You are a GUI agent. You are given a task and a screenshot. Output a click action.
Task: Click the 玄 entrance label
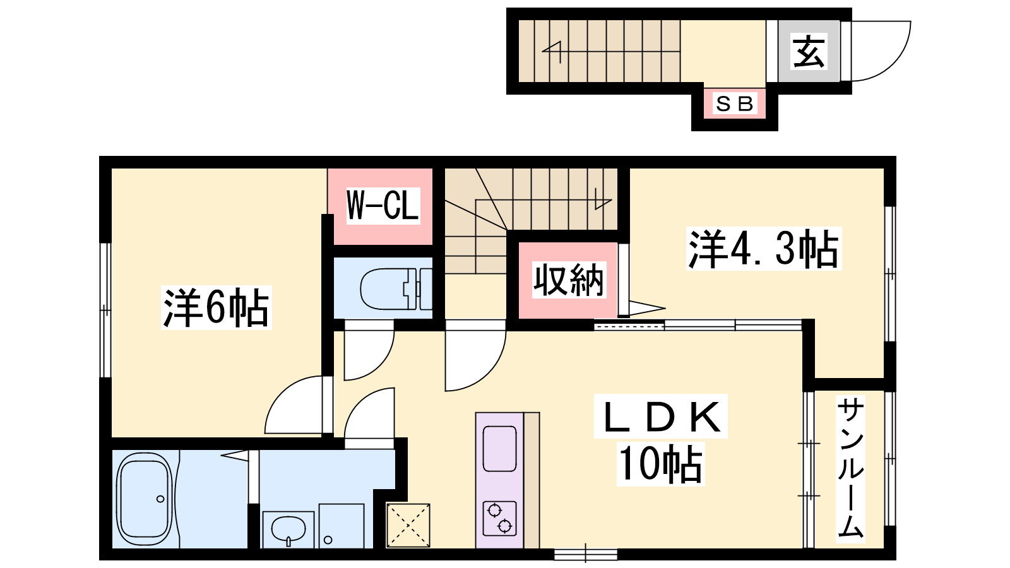pyautogui.click(x=809, y=51)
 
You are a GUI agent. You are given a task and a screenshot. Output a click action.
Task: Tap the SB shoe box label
pyautogui.click(x=735, y=104)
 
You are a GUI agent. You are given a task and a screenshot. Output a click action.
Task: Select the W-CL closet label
pyautogui.click(x=383, y=206)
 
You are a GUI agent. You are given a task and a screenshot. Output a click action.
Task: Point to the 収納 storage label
pyautogui.click(x=569, y=280)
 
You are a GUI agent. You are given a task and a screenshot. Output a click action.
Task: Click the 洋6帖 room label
pyautogui.click(x=216, y=307)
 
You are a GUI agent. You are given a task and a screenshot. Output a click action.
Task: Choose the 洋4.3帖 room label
pyautogui.click(x=763, y=249)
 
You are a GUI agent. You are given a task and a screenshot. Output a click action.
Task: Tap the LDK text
pyautogui.click(x=660, y=417)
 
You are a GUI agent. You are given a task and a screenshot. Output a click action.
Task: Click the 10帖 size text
pyautogui.click(x=660, y=464)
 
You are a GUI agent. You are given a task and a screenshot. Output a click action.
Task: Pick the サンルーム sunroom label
pyautogui.click(x=850, y=469)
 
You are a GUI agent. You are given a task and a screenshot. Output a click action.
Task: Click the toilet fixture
pyautogui.click(x=396, y=289)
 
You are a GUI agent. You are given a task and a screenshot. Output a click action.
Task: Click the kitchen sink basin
pyautogui.click(x=499, y=449)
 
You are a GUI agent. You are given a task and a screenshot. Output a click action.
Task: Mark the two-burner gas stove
pyautogui.click(x=499, y=518)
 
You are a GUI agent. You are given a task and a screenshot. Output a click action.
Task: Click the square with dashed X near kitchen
pyautogui.click(x=408, y=526)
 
